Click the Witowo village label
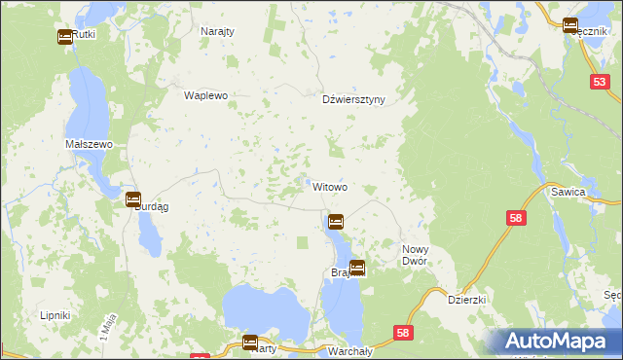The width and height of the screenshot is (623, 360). coord(330,186)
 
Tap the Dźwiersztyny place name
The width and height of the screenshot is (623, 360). coord(354,99)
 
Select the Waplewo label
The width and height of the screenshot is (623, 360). coord(205,95)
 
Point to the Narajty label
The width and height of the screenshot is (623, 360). coord(217,31)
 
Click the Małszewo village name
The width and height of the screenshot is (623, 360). coord(90,143)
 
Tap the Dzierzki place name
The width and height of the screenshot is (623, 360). coord(466,301)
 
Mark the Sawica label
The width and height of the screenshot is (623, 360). coord(595,193)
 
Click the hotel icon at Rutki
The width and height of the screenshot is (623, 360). coord(64,37)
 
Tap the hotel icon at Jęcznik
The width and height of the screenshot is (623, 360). coord(570,26)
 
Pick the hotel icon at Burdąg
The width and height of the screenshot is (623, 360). coord(133,199)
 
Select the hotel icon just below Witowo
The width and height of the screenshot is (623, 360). coord(336,222)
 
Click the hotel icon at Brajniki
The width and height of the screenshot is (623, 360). coord(357,268)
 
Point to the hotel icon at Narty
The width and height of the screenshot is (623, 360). coord(249,342)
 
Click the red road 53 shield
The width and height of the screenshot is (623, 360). coord(600,86)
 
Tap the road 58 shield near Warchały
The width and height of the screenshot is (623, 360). coord(403,334)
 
